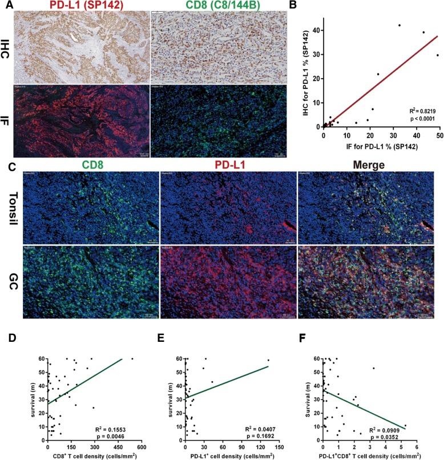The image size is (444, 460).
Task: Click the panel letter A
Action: (x=5, y=5)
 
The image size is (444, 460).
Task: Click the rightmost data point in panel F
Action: (x=405, y=426)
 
